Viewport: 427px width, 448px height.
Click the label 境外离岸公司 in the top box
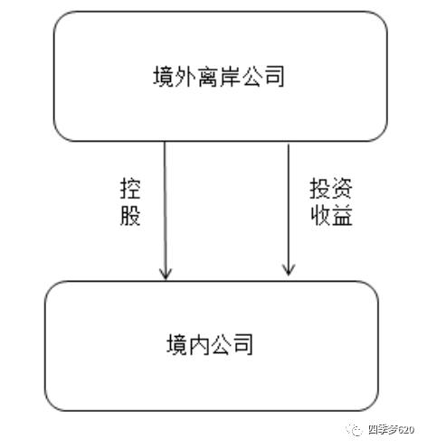[220, 77]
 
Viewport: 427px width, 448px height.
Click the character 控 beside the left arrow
[131, 188]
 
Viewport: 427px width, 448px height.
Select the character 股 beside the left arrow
[131, 217]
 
